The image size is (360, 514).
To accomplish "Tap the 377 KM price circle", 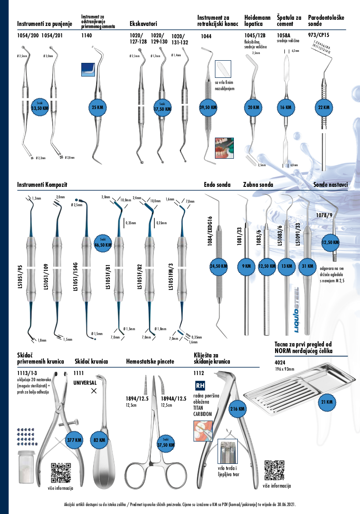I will pos(74,440).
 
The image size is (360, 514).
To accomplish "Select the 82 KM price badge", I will pos(100,440).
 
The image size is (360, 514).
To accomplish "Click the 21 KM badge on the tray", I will pos(326,402).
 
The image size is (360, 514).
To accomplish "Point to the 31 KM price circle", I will pos(307,266).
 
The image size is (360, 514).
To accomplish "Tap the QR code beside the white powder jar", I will pos(61,473).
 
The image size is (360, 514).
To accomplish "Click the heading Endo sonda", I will pos(217,185).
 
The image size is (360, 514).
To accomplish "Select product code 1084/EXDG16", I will pos(210,231).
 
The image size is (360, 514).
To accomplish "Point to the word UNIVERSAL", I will pos(87,383).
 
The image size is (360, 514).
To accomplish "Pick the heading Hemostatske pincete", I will pos(150,361).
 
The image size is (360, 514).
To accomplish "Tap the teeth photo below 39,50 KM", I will pos(223,148).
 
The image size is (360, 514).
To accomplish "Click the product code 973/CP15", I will pos(319,34).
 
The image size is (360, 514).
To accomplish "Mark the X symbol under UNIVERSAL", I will pos(93,390).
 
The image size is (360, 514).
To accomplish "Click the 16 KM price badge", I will pos(285,107).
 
